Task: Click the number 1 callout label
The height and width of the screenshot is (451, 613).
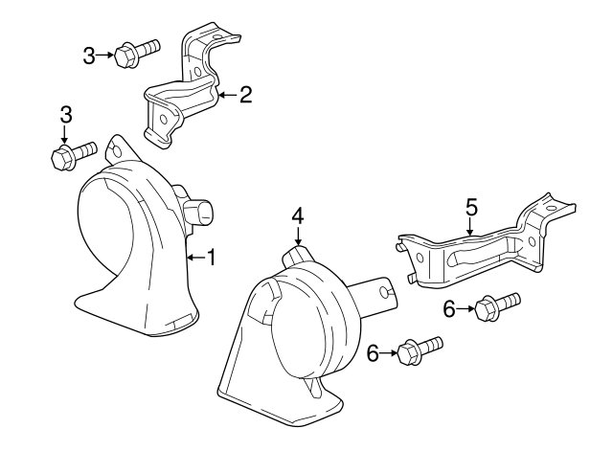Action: click(x=212, y=258)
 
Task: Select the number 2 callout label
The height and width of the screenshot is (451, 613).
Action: click(x=245, y=94)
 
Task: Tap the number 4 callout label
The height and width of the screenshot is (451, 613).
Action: click(x=298, y=216)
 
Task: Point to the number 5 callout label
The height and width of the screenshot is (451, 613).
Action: click(x=470, y=206)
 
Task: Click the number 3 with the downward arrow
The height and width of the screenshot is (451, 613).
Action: click(x=65, y=115)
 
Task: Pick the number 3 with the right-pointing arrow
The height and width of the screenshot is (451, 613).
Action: click(x=88, y=56)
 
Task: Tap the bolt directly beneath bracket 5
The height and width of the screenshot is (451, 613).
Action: click(x=496, y=306)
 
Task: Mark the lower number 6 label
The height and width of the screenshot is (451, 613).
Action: click(x=373, y=354)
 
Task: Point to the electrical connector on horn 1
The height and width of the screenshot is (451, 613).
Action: click(x=199, y=213)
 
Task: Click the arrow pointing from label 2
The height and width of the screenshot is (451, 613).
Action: click(x=226, y=95)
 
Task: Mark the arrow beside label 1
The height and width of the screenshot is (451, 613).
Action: click(x=194, y=258)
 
